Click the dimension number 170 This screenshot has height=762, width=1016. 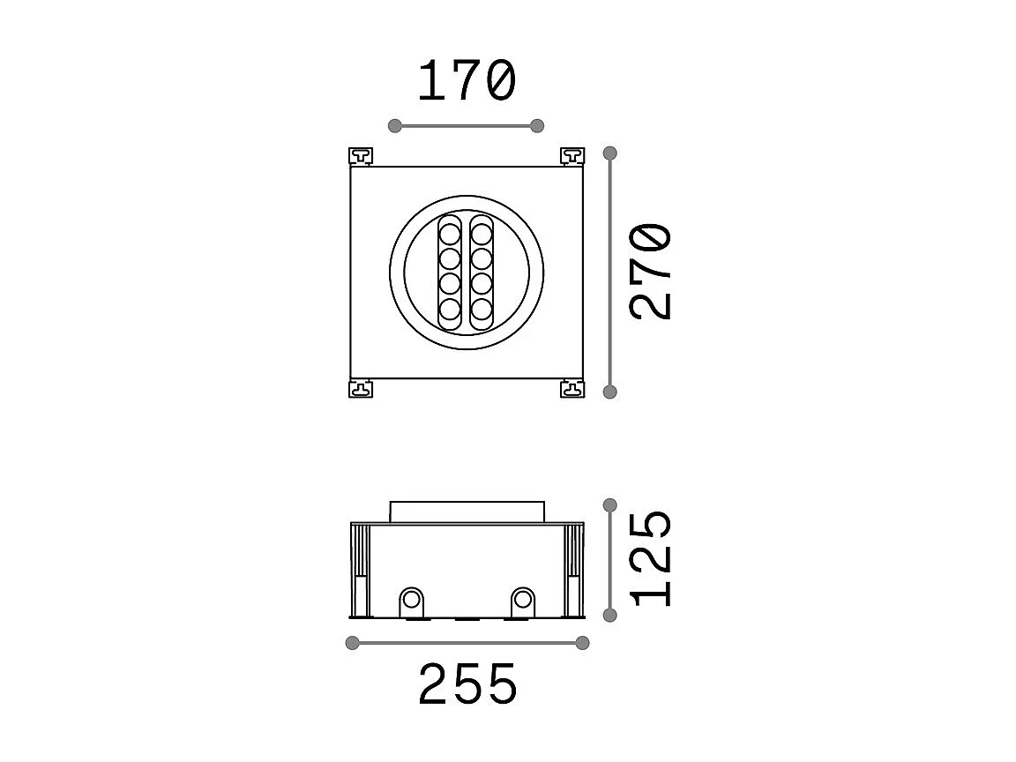click(x=466, y=81)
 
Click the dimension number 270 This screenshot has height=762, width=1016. click(x=652, y=272)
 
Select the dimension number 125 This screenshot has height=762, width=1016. click(x=652, y=558)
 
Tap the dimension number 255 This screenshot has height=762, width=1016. click(x=467, y=684)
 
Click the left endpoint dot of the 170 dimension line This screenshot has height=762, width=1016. click(x=395, y=126)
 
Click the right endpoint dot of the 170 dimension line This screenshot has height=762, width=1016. click(x=537, y=126)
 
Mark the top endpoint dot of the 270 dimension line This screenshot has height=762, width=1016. click(x=609, y=153)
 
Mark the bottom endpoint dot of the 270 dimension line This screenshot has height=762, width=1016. click(x=609, y=392)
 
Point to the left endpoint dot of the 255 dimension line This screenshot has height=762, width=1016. click(x=353, y=643)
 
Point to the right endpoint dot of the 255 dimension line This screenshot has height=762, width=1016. click(x=582, y=643)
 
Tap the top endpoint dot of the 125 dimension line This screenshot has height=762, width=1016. click(x=609, y=505)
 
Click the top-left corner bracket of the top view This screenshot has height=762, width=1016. click(x=362, y=156)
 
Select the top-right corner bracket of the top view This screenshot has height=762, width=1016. click(x=572, y=156)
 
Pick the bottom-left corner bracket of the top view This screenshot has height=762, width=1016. click(x=362, y=388)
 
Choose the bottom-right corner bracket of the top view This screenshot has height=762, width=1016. click(x=572, y=388)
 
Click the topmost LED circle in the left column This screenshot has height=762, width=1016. click(x=450, y=235)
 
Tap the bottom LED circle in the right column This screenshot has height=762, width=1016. click(x=481, y=309)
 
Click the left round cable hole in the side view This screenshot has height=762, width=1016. click(x=411, y=601)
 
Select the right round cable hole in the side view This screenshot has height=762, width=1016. click(x=523, y=601)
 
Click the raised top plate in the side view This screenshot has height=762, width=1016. click(x=467, y=512)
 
